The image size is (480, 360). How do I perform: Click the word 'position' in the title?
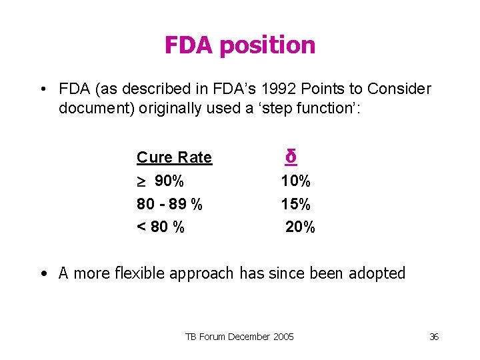268,46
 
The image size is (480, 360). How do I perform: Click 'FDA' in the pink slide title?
189,45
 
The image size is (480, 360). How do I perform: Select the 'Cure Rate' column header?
174,157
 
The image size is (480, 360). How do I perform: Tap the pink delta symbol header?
291,156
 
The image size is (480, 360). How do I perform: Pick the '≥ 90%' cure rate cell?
161,181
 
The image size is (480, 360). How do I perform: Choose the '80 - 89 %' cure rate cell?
169,204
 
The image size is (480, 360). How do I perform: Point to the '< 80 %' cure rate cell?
161,227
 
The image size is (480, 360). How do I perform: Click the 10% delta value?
296,181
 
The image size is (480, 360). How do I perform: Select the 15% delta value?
296,204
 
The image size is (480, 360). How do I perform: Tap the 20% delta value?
300,227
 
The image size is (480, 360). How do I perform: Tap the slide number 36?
433,337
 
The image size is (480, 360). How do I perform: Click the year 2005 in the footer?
281,337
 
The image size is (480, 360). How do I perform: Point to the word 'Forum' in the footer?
212,337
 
